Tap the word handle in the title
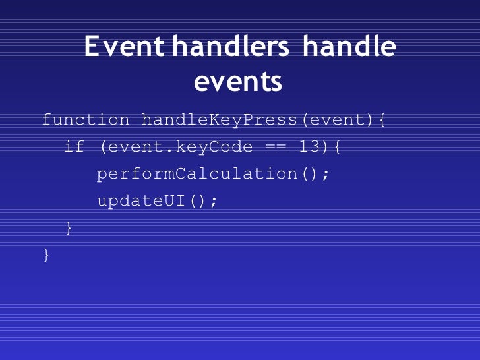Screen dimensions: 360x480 tap(349, 47)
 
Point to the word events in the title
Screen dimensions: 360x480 tap(239, 82)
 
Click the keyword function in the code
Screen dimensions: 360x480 tap(86, 120)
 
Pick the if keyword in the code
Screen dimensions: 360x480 tap(75, 147)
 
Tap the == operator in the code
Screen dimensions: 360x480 tap(276, 147)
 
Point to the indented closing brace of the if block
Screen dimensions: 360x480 tap(69, 228)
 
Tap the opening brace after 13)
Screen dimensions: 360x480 tap(337, 147)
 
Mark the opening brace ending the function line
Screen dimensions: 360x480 tap(382, 120)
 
